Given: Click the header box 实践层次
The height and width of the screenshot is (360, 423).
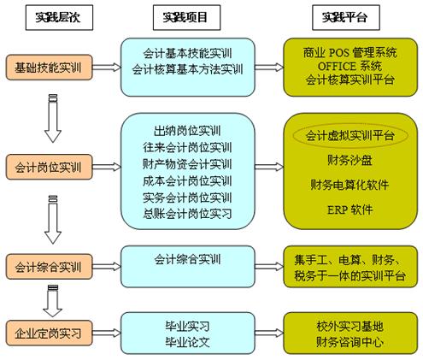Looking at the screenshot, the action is point(59,17).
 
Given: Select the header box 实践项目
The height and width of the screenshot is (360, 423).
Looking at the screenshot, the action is point(186,17).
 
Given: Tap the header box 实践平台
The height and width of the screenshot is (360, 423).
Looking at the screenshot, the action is point(346,17).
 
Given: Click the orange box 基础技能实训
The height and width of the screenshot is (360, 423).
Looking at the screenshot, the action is point(49,68).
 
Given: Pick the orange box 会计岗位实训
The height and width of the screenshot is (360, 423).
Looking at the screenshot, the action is point(49,167).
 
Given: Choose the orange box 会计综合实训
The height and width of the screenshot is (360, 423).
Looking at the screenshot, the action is point(49,267).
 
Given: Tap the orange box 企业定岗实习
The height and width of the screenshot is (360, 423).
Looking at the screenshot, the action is point(49,333).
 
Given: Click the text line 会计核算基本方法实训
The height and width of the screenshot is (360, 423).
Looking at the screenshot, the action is point(187,69).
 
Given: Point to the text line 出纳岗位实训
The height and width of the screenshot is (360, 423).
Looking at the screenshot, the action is point(187,131).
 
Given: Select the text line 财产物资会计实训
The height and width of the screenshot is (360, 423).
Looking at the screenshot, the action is point(187,164).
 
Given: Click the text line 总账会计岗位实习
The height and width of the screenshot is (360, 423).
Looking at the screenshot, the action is point(187,214).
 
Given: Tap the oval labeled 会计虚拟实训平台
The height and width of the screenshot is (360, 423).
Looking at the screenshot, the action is point(350,136).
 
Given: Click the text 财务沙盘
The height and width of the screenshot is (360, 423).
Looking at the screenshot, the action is point(350,160).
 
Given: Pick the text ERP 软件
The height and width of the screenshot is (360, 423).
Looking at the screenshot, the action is point(350,210).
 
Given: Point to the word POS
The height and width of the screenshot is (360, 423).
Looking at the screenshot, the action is point(339,53).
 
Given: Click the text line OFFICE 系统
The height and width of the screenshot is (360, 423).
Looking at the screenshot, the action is point(350,66).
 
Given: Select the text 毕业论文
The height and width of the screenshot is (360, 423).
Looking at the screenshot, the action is point(187,342).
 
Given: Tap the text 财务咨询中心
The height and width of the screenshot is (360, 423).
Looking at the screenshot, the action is point(350,342).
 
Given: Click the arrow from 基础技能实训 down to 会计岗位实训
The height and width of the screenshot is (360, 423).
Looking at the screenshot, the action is point(53,118).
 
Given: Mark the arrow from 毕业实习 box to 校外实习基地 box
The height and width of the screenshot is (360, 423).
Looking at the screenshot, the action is point(269,333).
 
